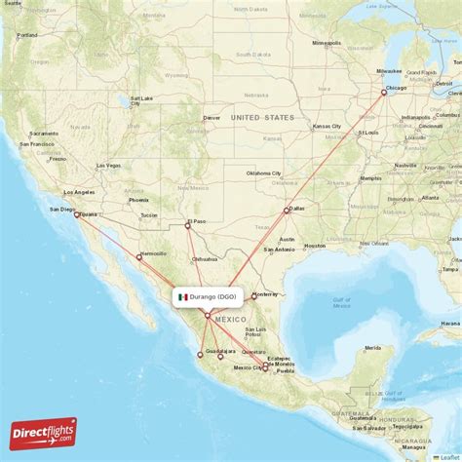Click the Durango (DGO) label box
click(208, 296)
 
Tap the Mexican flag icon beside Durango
click(183, 296)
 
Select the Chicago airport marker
click(384, 94)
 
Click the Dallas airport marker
click(287, 211)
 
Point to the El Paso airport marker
click(188, 226)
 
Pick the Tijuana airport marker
click(77, 214)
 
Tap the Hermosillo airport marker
click(138, 257)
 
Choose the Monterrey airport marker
click(253, 296)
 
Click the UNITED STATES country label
click(261, 118)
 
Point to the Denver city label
click(212, 118)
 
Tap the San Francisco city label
click(48, 145)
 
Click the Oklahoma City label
click(263, 173)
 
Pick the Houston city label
click(314, 246)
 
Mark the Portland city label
click(27, 35)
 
